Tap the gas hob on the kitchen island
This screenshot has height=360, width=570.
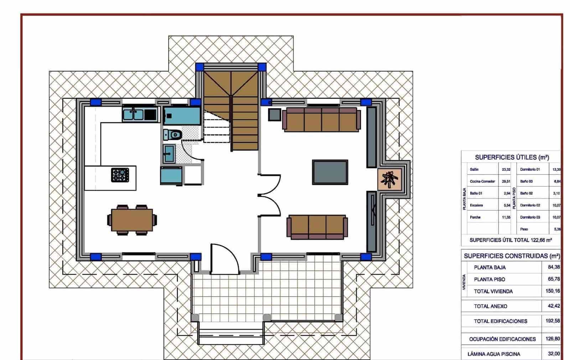coord(120,175)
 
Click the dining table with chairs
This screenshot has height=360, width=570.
coord(132,220)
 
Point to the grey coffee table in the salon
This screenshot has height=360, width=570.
coord(330,172)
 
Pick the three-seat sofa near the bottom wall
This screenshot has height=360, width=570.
coord(317,227)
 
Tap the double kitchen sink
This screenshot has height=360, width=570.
coord(133,115)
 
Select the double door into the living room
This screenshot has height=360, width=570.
coord(270,195)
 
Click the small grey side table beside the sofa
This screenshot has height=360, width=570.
coord(275,114)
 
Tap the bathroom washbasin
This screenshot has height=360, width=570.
coord(169,153)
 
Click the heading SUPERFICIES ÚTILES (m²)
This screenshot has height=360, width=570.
coord(512,157)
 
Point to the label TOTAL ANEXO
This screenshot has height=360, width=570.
coord(490,306)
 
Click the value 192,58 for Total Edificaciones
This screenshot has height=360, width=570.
coord(553,321)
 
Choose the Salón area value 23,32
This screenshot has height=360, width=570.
coord(506,169)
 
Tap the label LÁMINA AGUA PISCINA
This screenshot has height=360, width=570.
coord(494,354)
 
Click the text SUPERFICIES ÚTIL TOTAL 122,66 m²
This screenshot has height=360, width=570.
coord(511,240)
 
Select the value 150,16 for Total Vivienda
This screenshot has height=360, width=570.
coord(553,291)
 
